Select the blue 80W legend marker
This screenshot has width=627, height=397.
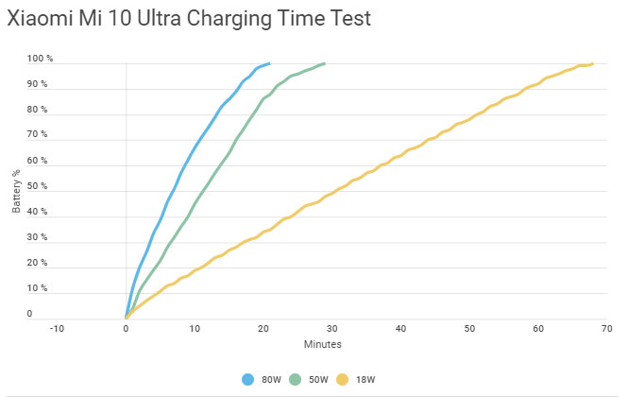click(x=248, y=379)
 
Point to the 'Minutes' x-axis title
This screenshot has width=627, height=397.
click(x=323, y=344)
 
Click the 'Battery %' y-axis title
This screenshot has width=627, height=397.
click(x=17, y=189)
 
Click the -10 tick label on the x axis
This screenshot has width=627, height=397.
click(x=57, y=329)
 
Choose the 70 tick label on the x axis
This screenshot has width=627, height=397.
click(x=606, y=329)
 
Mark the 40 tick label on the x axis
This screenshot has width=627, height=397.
click(x=400, y=329)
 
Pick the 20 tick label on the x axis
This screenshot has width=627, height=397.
click(x=263, y=329)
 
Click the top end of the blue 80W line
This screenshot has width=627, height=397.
click(x=269, y=64)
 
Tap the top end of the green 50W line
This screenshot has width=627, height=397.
click(x=324, y=64)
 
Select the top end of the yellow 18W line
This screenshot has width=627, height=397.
click(x=592, y=64)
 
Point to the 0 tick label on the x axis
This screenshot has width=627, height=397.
click(x=126, y=329)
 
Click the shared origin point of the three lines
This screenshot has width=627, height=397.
click(x=126, y=317)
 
